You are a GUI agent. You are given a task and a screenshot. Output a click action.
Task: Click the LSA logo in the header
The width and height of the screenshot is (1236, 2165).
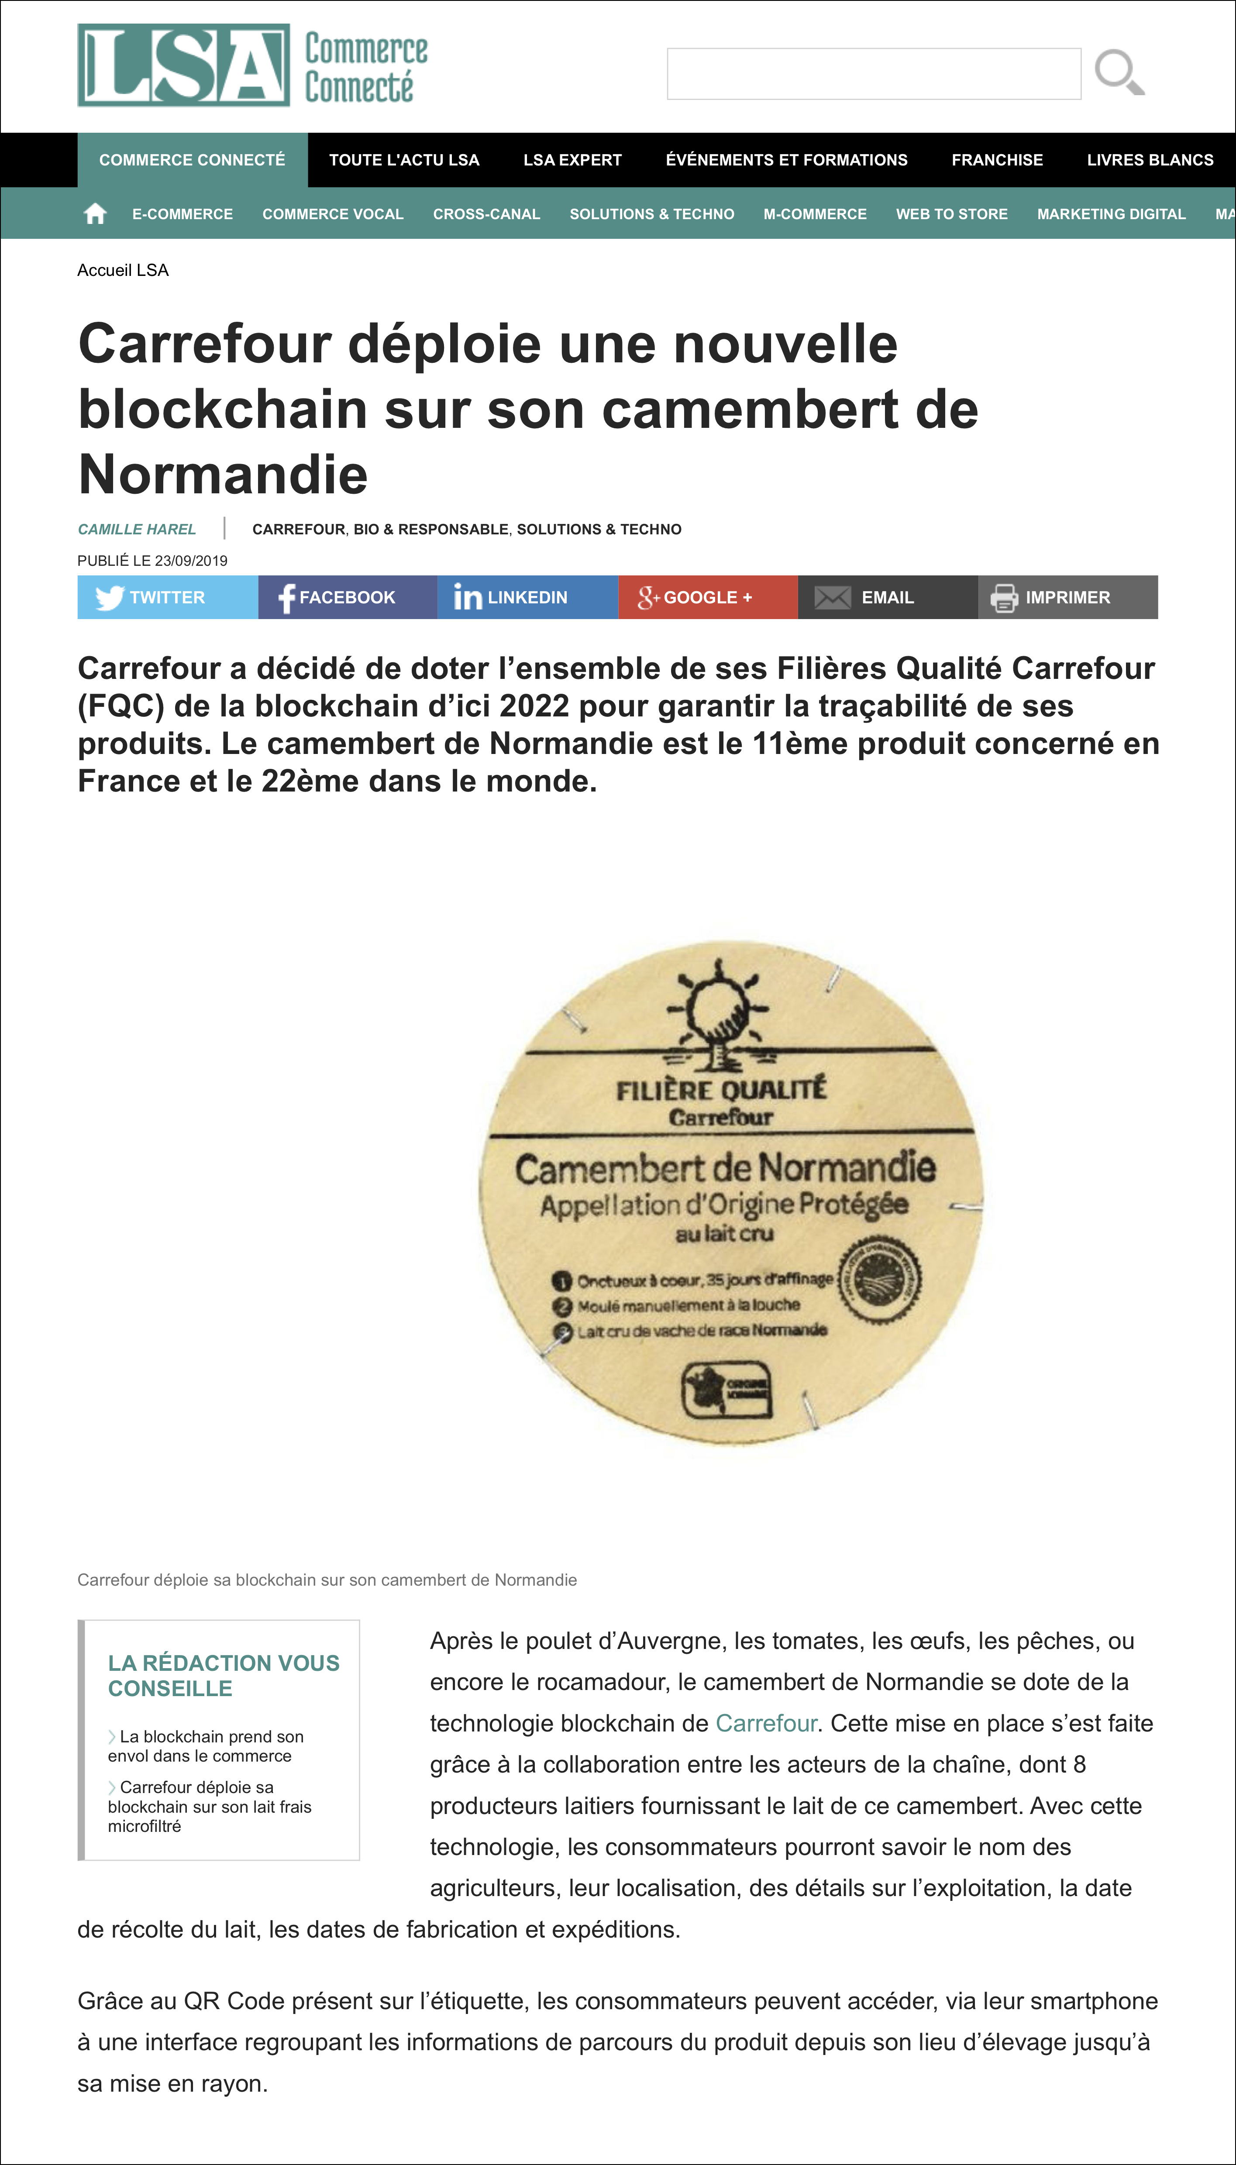[x=183, y=65]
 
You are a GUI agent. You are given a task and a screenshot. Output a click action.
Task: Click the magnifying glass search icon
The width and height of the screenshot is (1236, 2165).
[x=1119, y=72]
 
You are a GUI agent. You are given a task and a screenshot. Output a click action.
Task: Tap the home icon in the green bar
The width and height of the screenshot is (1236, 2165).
[x=95, y=214]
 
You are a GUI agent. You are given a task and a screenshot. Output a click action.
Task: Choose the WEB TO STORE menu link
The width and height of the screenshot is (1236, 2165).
[x=952, y=214]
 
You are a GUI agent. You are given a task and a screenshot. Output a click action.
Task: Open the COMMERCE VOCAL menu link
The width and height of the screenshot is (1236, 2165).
[x=333, y=214]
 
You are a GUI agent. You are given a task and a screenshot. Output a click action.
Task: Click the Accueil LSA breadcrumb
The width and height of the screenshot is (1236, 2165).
[x=123, y=270]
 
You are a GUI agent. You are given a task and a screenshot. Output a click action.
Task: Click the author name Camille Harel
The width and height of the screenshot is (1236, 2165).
[x=137, y=529]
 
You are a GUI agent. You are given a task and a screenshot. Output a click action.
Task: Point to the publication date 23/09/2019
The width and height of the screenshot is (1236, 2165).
[x=191, y=560]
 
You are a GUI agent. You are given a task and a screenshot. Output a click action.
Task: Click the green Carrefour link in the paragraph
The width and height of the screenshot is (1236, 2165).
[x=766, y=1723]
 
